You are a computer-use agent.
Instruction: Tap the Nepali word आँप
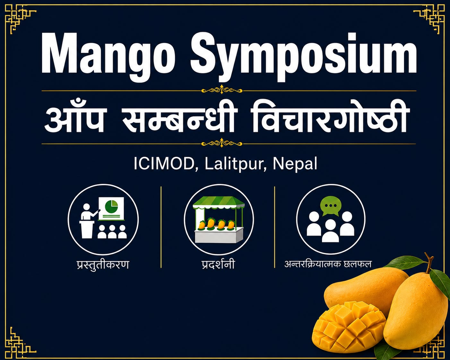coord(74,118)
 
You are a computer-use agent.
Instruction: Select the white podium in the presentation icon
coord(87,229)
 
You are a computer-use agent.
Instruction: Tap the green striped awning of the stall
coord(219,202)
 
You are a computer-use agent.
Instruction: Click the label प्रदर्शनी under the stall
coord(218,264)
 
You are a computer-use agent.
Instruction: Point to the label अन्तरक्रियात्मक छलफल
coord(328,264)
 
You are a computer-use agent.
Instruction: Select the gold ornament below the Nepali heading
coord(222,144)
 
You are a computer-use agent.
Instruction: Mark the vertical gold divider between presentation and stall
coord(161,227)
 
